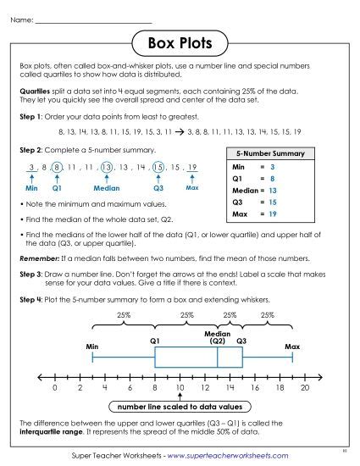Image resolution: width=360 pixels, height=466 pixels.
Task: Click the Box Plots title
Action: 180,41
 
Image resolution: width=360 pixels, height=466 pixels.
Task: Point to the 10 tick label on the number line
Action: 180,387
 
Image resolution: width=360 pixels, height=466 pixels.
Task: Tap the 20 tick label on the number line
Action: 305,387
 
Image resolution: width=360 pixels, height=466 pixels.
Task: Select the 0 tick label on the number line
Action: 54,387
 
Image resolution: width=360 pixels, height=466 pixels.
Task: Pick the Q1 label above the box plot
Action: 155,340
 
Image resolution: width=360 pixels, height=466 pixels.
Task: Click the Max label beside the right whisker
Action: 292,347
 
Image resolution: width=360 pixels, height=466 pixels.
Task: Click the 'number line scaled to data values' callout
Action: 180,406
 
